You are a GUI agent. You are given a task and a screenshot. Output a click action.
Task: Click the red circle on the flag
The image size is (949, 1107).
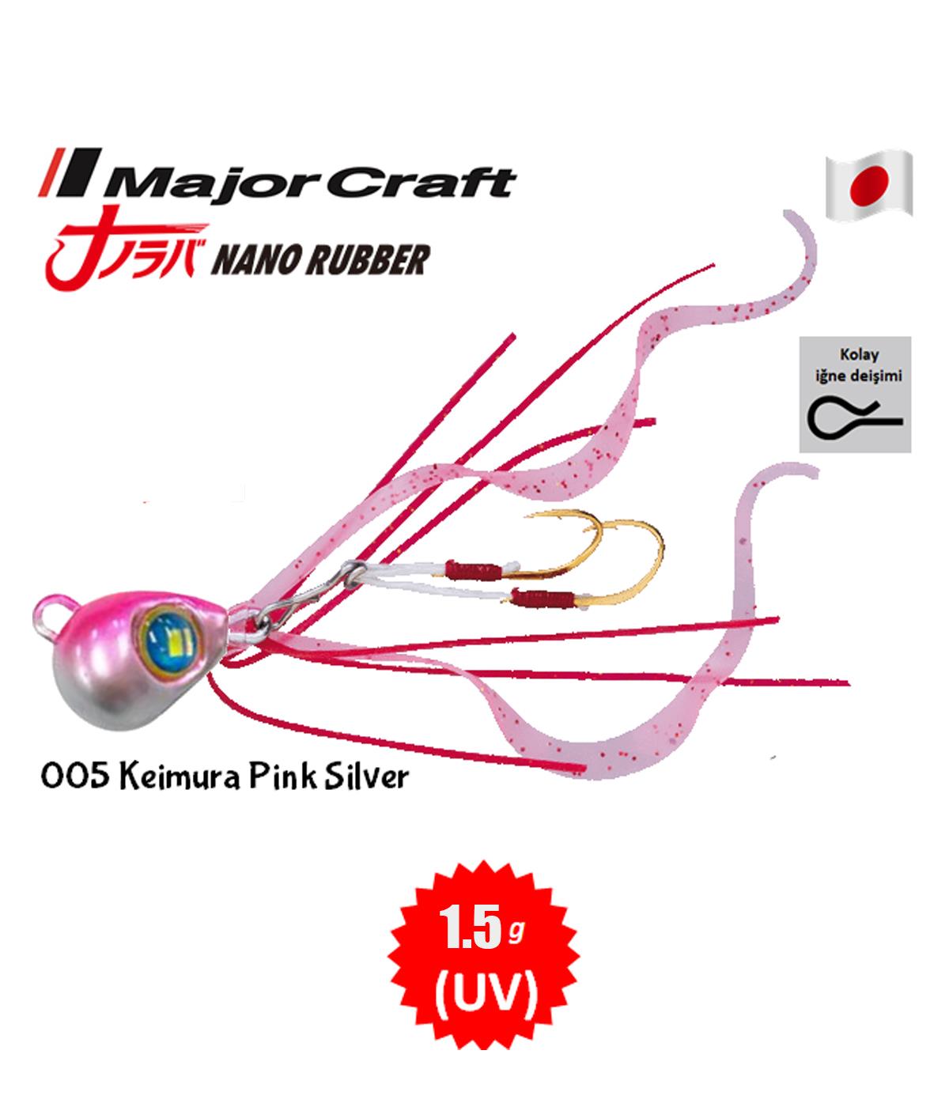(869, 185)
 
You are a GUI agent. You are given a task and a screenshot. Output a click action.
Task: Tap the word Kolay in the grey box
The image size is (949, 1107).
(859, 354)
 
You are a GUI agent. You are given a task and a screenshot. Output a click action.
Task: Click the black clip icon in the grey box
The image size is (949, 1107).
(855, 420)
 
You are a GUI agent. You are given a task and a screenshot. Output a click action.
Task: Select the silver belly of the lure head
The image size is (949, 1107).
(115, 697)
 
